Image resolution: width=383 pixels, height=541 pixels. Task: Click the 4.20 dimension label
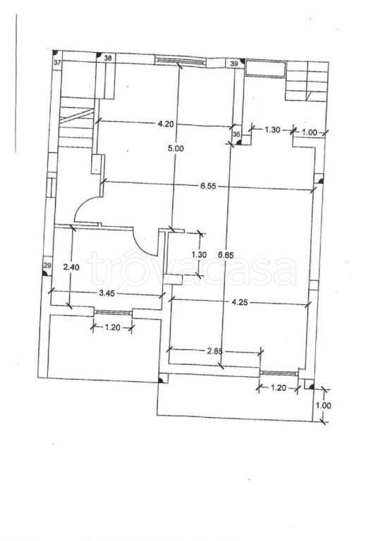pyautogui.click(x=166, y=124)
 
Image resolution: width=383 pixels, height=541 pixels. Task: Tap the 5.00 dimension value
pyautogui.click(x=176, y=149)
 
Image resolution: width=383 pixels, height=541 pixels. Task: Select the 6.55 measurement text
pyautogui.click(x=208, y=186)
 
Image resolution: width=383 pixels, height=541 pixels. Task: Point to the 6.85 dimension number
pyautogui.click(x=226, y=255)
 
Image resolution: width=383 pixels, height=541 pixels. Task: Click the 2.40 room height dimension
pyautogui.click(x=71, y=267)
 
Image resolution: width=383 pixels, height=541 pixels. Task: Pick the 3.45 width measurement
pyautogui.click(x=107, y=293)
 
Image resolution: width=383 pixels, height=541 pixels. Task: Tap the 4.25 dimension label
pyautogui.click(x=240, y=303)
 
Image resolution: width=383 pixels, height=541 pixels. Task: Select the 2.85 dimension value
pyautogui.click(x=214, y=352)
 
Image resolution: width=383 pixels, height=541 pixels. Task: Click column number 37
pyautogui.click(x=57, y=63)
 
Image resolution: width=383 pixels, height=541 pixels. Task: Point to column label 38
pyautogui.click(x=108, y=58)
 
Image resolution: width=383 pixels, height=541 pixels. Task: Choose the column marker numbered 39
pyautogui.click(x=233, y=63)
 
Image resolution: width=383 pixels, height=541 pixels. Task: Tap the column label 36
pyautogui.click(x=236, y=135)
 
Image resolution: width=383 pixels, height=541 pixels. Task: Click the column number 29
pyautogui.click(x=48, y=266)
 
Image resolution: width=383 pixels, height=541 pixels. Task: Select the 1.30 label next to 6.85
pyautogui.click(x=199, y=255)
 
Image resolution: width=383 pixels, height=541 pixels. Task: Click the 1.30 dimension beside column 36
pyautogui.click(x=272, y=130)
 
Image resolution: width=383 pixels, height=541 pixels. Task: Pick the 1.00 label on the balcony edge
pyautogui.click(x=323, y=406)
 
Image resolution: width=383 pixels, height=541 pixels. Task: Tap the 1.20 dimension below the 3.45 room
pyautogui.click(x=112, y=328)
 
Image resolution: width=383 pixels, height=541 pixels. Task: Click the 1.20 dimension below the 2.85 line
pyautogui.click(x=279, y=388)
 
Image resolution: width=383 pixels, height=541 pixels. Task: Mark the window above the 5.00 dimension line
pyautogui.click(x=179, y=61)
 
